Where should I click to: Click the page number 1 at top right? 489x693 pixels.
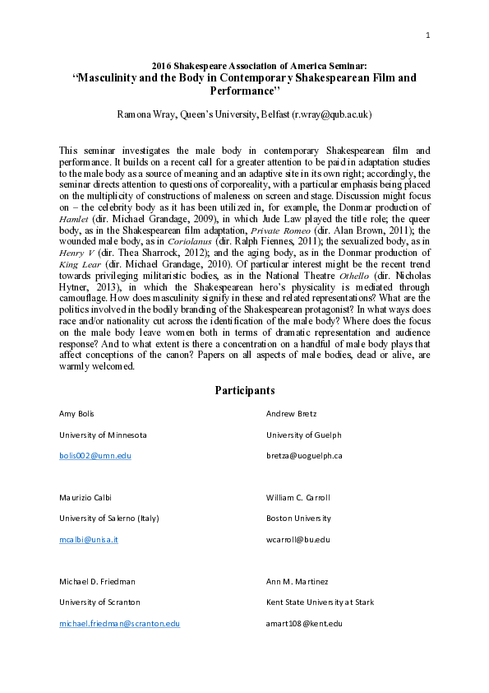tap(429, 35)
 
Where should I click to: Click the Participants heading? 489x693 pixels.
tap(244, 389)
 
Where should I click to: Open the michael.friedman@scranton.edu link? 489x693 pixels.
tap(119, 625)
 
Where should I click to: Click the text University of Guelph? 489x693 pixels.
tap(303, 434)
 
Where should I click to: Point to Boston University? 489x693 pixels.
tap(298, 519)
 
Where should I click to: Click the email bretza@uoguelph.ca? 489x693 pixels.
tap(304, 455)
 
